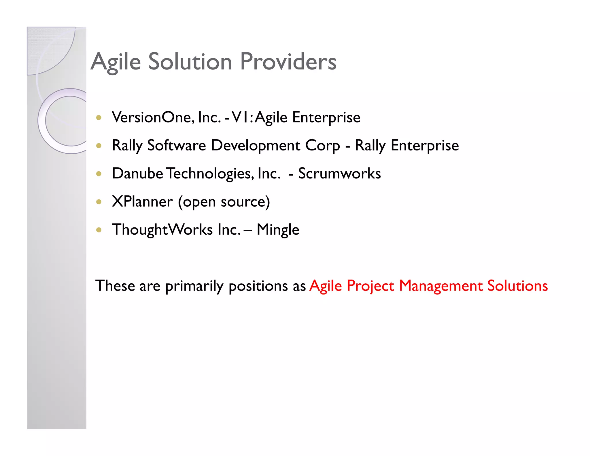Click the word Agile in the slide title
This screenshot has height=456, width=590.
[x=116, y=62]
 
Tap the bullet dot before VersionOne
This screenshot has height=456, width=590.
[x=99, y=118]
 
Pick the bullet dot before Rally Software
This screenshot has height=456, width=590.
[x=99, y=146]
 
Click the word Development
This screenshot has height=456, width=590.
[x=256, y=145]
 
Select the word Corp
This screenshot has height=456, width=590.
[x=322, y=146]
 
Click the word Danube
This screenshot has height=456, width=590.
[x=137, y=173]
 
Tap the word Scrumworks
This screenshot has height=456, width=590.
[x=339, y=173]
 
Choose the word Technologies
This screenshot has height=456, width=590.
[x=210, y=173]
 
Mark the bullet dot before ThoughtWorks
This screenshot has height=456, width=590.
[x=99, y=230]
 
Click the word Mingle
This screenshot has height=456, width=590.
[x=278, y=230]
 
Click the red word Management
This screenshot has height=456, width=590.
[x=440, y=286]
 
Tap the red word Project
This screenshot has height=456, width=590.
[x=370, y=286]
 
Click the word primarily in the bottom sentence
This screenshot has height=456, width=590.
[x=194, y=286]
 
